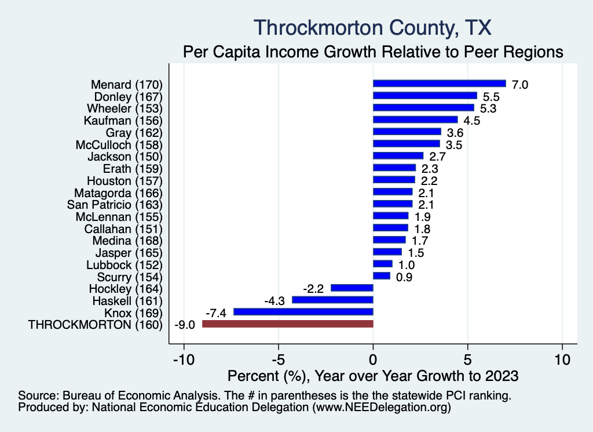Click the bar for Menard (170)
[439, 84]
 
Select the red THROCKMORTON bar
[288, 324]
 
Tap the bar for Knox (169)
[303, 312]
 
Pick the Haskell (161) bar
[332, 300]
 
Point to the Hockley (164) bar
[352, 288]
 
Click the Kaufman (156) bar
[415, 120]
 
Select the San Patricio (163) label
[115, 204]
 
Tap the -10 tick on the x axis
[183, 360]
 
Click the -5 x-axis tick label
[278, 360]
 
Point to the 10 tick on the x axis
[562, 360]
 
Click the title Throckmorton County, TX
[374, 27]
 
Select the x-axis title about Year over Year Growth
[374, 376]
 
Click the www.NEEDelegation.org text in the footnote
[382, 408]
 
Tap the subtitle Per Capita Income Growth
[374, 52]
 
